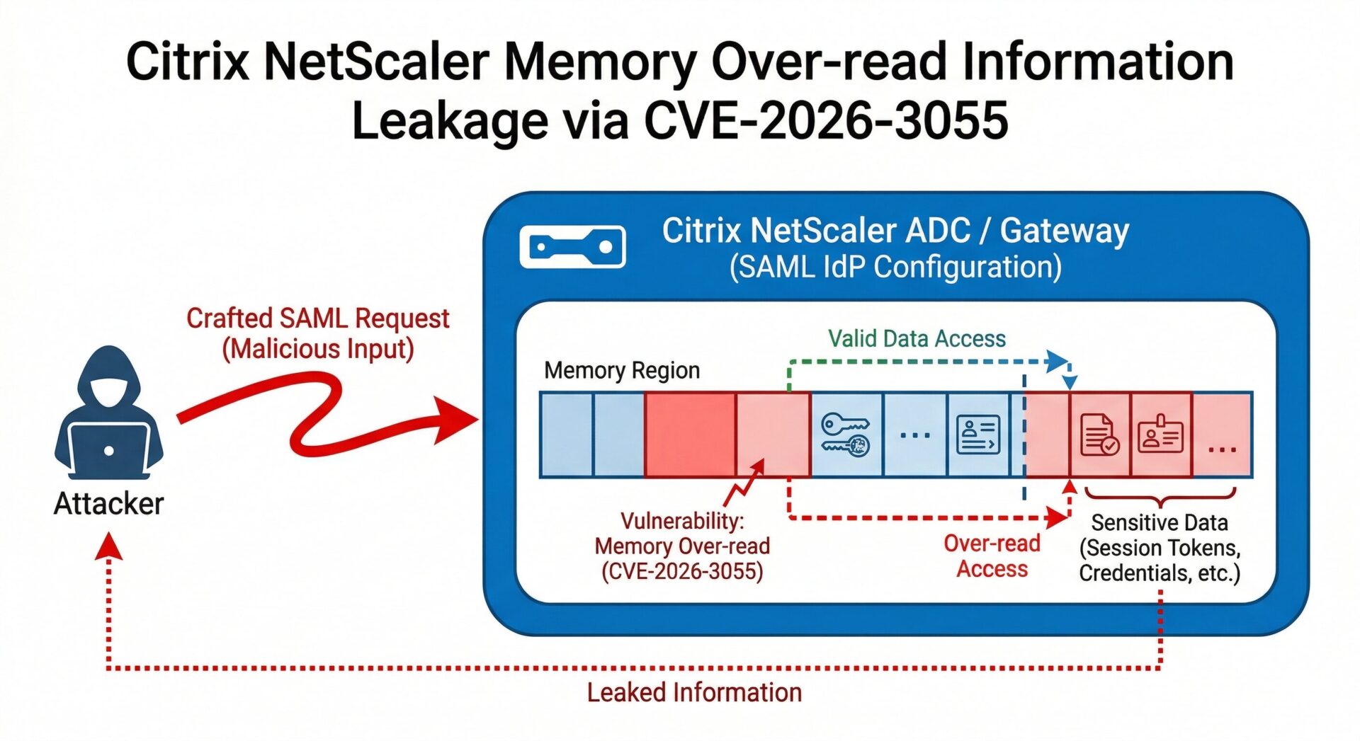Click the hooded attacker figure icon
[x=108, y=411]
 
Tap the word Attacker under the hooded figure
[x=108, y=504]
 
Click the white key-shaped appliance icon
[x=572, y=247]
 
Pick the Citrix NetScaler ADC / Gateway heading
[x=895, y=231]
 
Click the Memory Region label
[x=621, y=370]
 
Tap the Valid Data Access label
[x=917, y=339]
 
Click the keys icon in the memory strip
[x=845, y=435]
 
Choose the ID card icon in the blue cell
[x=977, y=435]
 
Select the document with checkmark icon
[x=1099, y=435]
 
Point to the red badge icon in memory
[x=1160, y=435]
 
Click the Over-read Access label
[x=992, y=556]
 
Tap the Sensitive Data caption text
[x=1160, y=548]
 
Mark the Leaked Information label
[x=694, y=692]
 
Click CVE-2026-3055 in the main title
[x=825, y=120]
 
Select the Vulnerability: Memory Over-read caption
[x=682, y=546]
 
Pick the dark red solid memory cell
[x=690, y=435]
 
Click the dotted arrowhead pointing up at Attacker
[x=108, y=546]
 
